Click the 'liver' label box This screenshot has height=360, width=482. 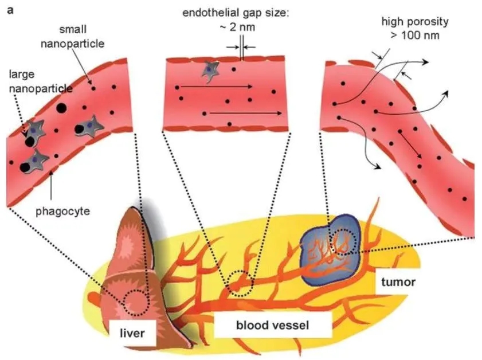click(x=133, y=333)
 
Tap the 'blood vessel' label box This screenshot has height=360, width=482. click(x=273, y=326)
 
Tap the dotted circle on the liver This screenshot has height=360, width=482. click(x=135, y=303)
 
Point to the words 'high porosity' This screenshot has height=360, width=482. click(x=415, y=23)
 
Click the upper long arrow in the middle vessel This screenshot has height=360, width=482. click(x=215, y=87)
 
